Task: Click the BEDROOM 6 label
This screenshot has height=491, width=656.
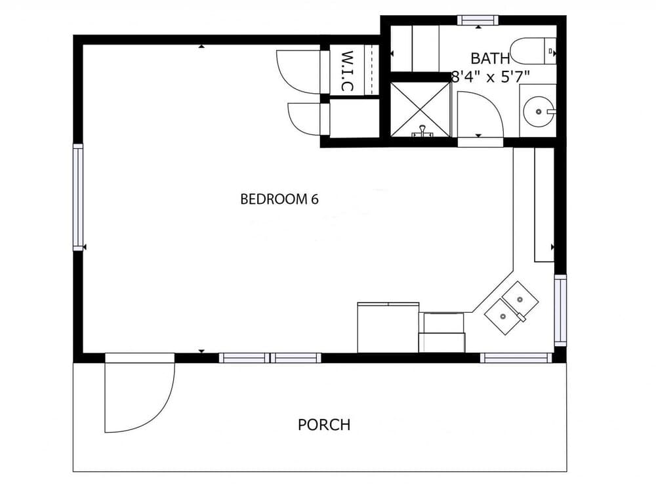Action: coord(279,199)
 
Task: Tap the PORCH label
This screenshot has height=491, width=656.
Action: coord(324,424)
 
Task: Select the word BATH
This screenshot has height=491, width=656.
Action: coord(490,58)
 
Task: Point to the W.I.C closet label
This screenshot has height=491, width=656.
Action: coord(348,71)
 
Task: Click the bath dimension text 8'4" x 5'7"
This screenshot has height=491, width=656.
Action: coord(491,76)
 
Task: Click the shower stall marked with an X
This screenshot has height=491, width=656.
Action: coord(420,108)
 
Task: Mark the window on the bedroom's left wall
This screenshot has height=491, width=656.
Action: coord(78,197)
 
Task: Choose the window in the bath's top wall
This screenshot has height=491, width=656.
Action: coord(477,20)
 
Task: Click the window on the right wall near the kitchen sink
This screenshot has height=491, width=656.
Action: coord(560,310)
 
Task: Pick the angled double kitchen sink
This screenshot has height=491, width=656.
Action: coord(512,307)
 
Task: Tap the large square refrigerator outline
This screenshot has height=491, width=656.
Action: coord(388,327)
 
